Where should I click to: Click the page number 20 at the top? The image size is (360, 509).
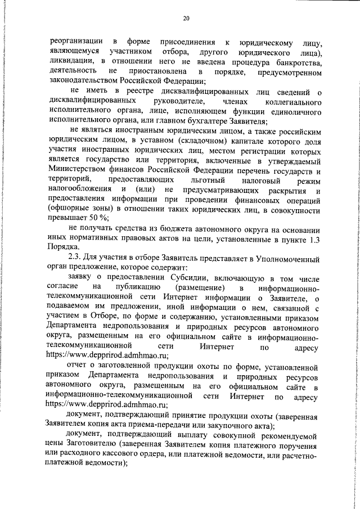186,19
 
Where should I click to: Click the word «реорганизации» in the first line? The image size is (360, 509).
76,42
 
